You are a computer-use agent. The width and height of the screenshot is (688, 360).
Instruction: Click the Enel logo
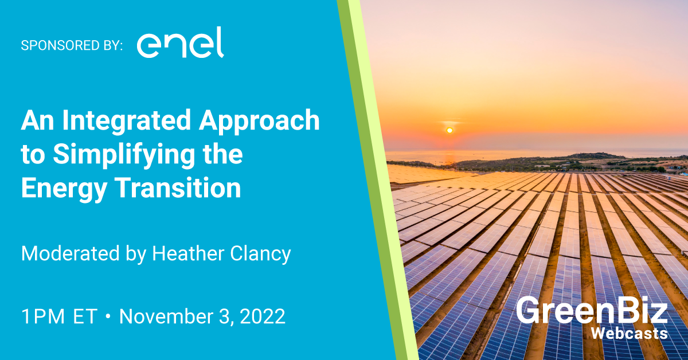coord(180,44)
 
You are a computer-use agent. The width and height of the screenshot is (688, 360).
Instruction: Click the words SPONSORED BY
coord(72,46)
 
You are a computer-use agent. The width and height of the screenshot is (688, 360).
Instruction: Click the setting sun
coord(449,131)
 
